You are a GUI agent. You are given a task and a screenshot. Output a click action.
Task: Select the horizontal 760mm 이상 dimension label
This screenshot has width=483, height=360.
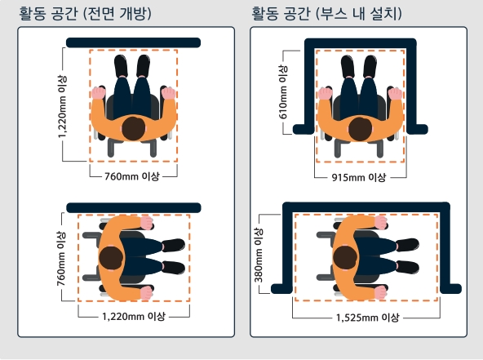click(x=131, y=176)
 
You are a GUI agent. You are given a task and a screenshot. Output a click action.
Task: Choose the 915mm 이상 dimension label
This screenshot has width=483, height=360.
click(x=358, y=177)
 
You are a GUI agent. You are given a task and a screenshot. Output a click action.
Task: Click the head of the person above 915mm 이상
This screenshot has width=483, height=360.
click(x=359, y=127)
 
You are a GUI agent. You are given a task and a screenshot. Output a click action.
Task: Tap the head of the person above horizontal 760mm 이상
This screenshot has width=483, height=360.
click(x=133, y=127)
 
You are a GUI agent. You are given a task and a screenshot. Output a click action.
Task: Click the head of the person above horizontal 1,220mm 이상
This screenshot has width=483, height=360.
click(x=110, y=256)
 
